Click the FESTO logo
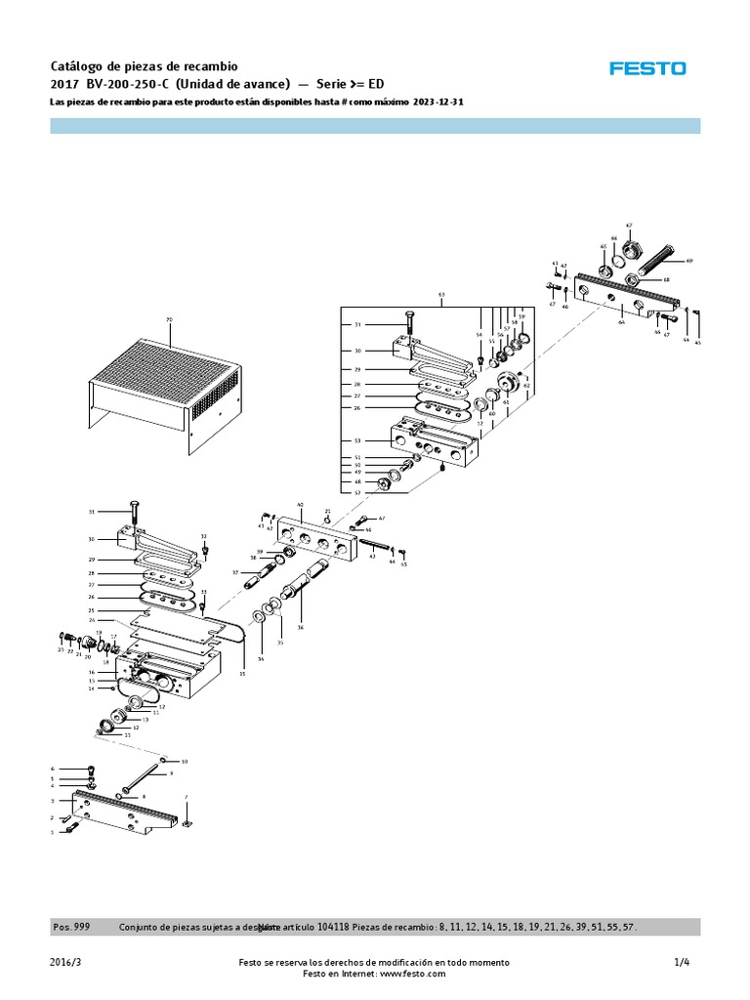tap(647, 68)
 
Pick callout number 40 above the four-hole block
tap(300, 505)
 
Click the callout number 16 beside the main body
tap(92, 673)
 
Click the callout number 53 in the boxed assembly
tap(357, 441)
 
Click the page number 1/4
tap(682, 962)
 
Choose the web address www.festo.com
tap(407, 974)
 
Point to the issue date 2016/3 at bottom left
tap(63, 962)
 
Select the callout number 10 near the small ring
tap(185, 761)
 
